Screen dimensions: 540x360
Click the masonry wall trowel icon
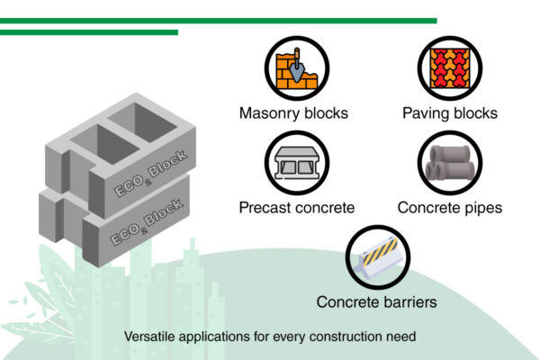click(x=297, y=68)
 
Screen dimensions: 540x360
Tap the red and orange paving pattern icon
click(x=450, y=68)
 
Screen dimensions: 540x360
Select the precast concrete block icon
click(x=297, y=163)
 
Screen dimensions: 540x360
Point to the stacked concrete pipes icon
click(x=450, y=163)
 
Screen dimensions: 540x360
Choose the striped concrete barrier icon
click(x=378, y=257)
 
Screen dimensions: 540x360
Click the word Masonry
click(x=269, y=113)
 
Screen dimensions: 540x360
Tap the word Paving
click(x=426, y=113)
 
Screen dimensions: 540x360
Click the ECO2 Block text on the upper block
click(x=150, y=174)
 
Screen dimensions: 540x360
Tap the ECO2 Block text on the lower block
click(x=146, y=222)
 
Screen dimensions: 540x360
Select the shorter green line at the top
click(x=89, y=32)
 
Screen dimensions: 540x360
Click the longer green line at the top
click(x=219, y=21)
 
